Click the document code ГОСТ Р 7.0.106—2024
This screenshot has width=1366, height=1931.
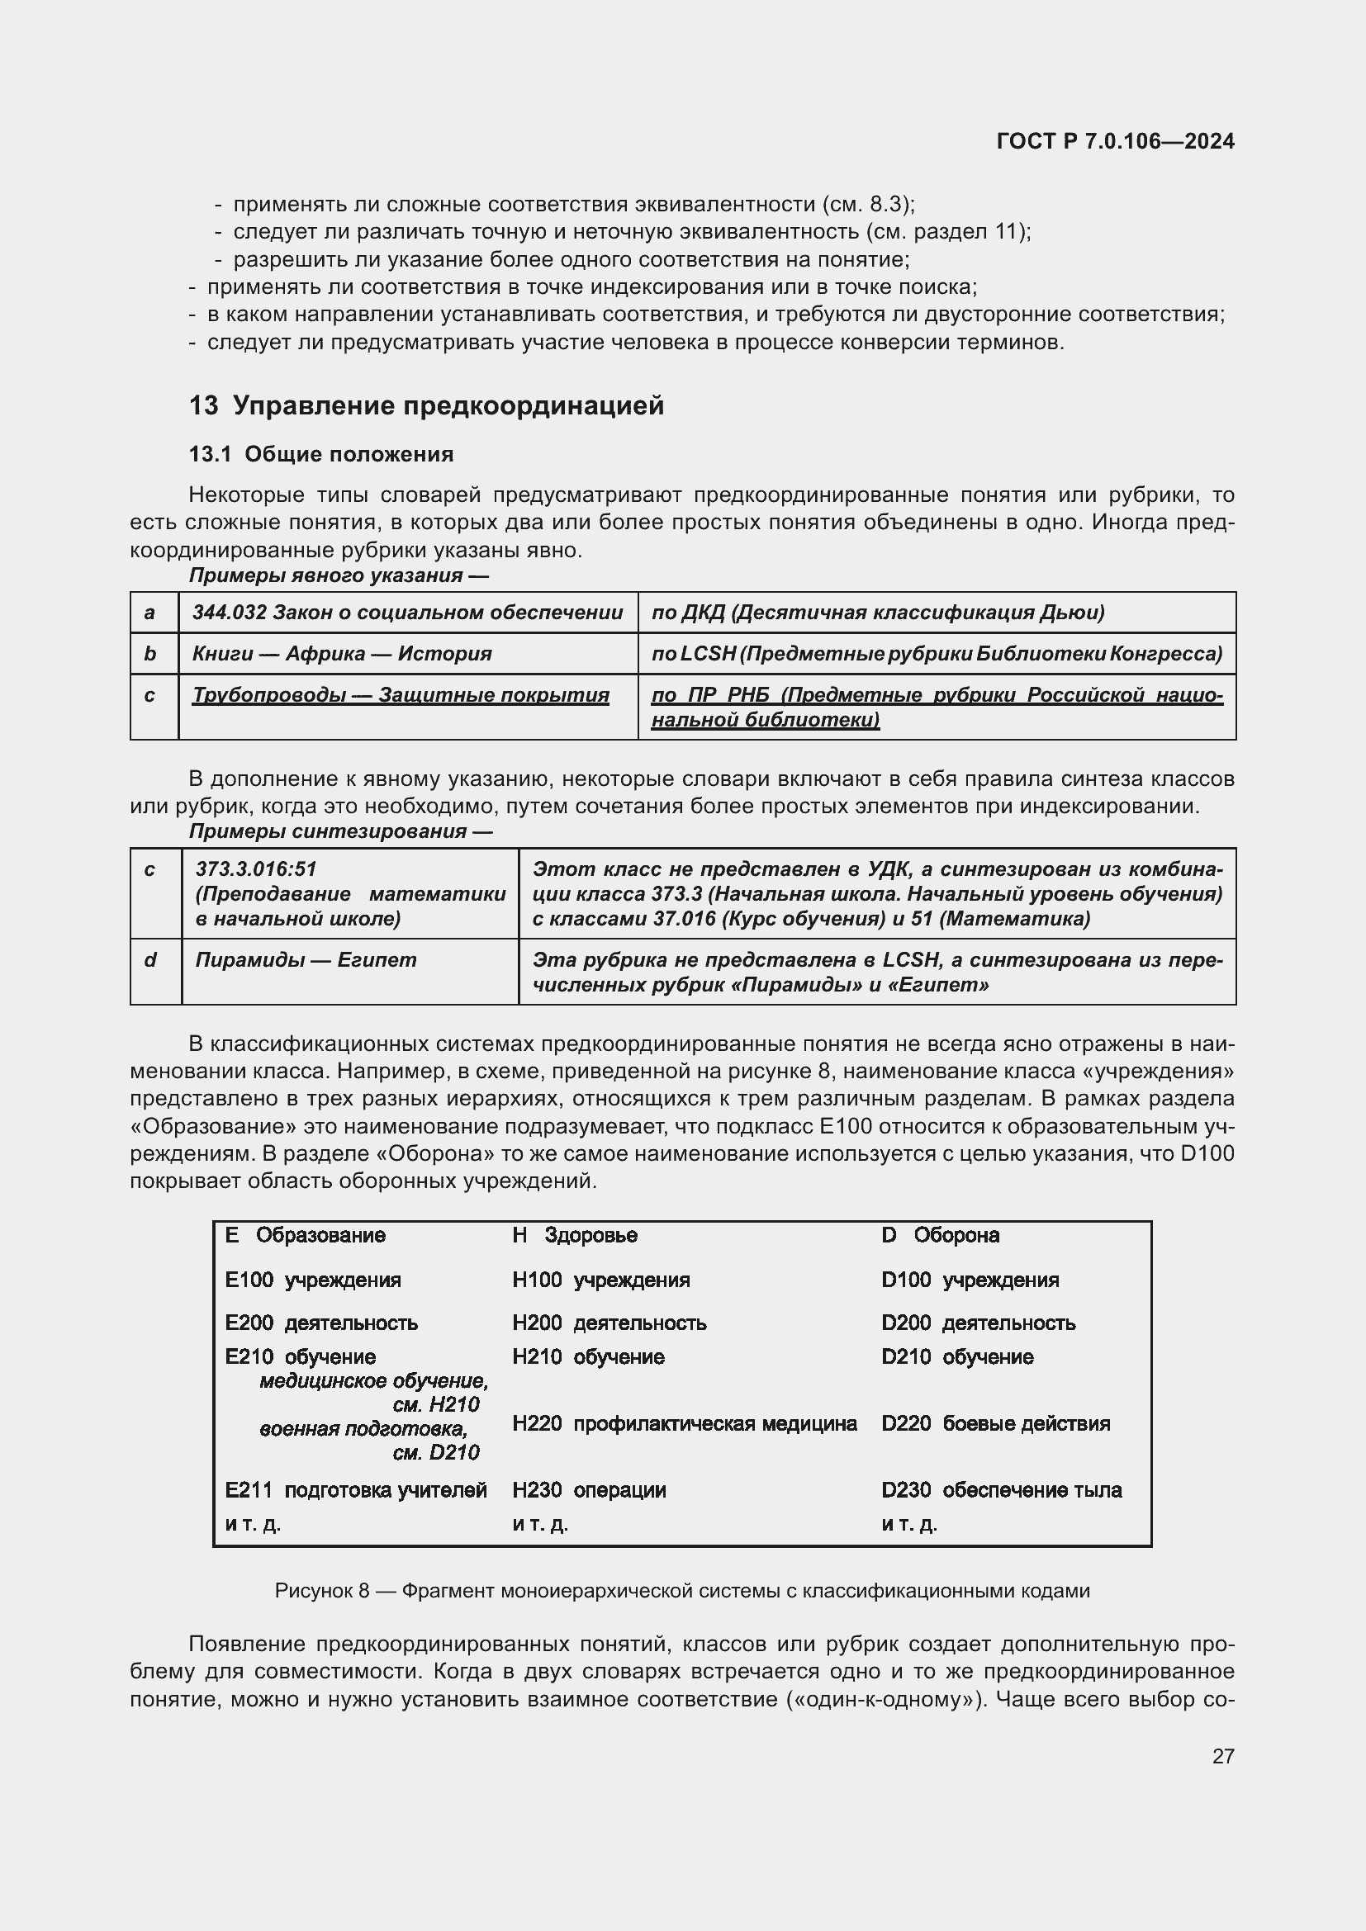point(1114,141)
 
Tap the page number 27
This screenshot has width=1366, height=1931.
point(1223,1756)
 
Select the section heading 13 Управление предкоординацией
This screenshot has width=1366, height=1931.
point(426,405)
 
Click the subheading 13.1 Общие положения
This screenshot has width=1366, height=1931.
point(321,454)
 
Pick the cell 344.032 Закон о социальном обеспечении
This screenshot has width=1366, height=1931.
point(407,613)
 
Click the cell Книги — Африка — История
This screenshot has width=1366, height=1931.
point(342,654)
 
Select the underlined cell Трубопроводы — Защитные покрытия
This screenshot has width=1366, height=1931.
point(401,695)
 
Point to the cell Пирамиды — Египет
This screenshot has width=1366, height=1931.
point(306,959)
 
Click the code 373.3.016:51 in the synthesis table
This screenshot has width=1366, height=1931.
point(256,868)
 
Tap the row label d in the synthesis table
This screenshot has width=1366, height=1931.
point(150,959)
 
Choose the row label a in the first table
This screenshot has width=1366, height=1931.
point(149,613)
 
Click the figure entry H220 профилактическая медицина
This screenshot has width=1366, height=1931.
point(684,1424)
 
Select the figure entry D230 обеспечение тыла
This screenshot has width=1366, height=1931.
point(1001,1490)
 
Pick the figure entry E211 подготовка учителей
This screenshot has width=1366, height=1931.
point(356,1490)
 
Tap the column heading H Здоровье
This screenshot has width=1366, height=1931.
point(575,1236)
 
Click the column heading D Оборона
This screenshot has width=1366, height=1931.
point(940,1236)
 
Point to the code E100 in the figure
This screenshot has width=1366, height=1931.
point(249,1280)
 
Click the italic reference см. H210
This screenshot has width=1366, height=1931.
point(436,1404)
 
